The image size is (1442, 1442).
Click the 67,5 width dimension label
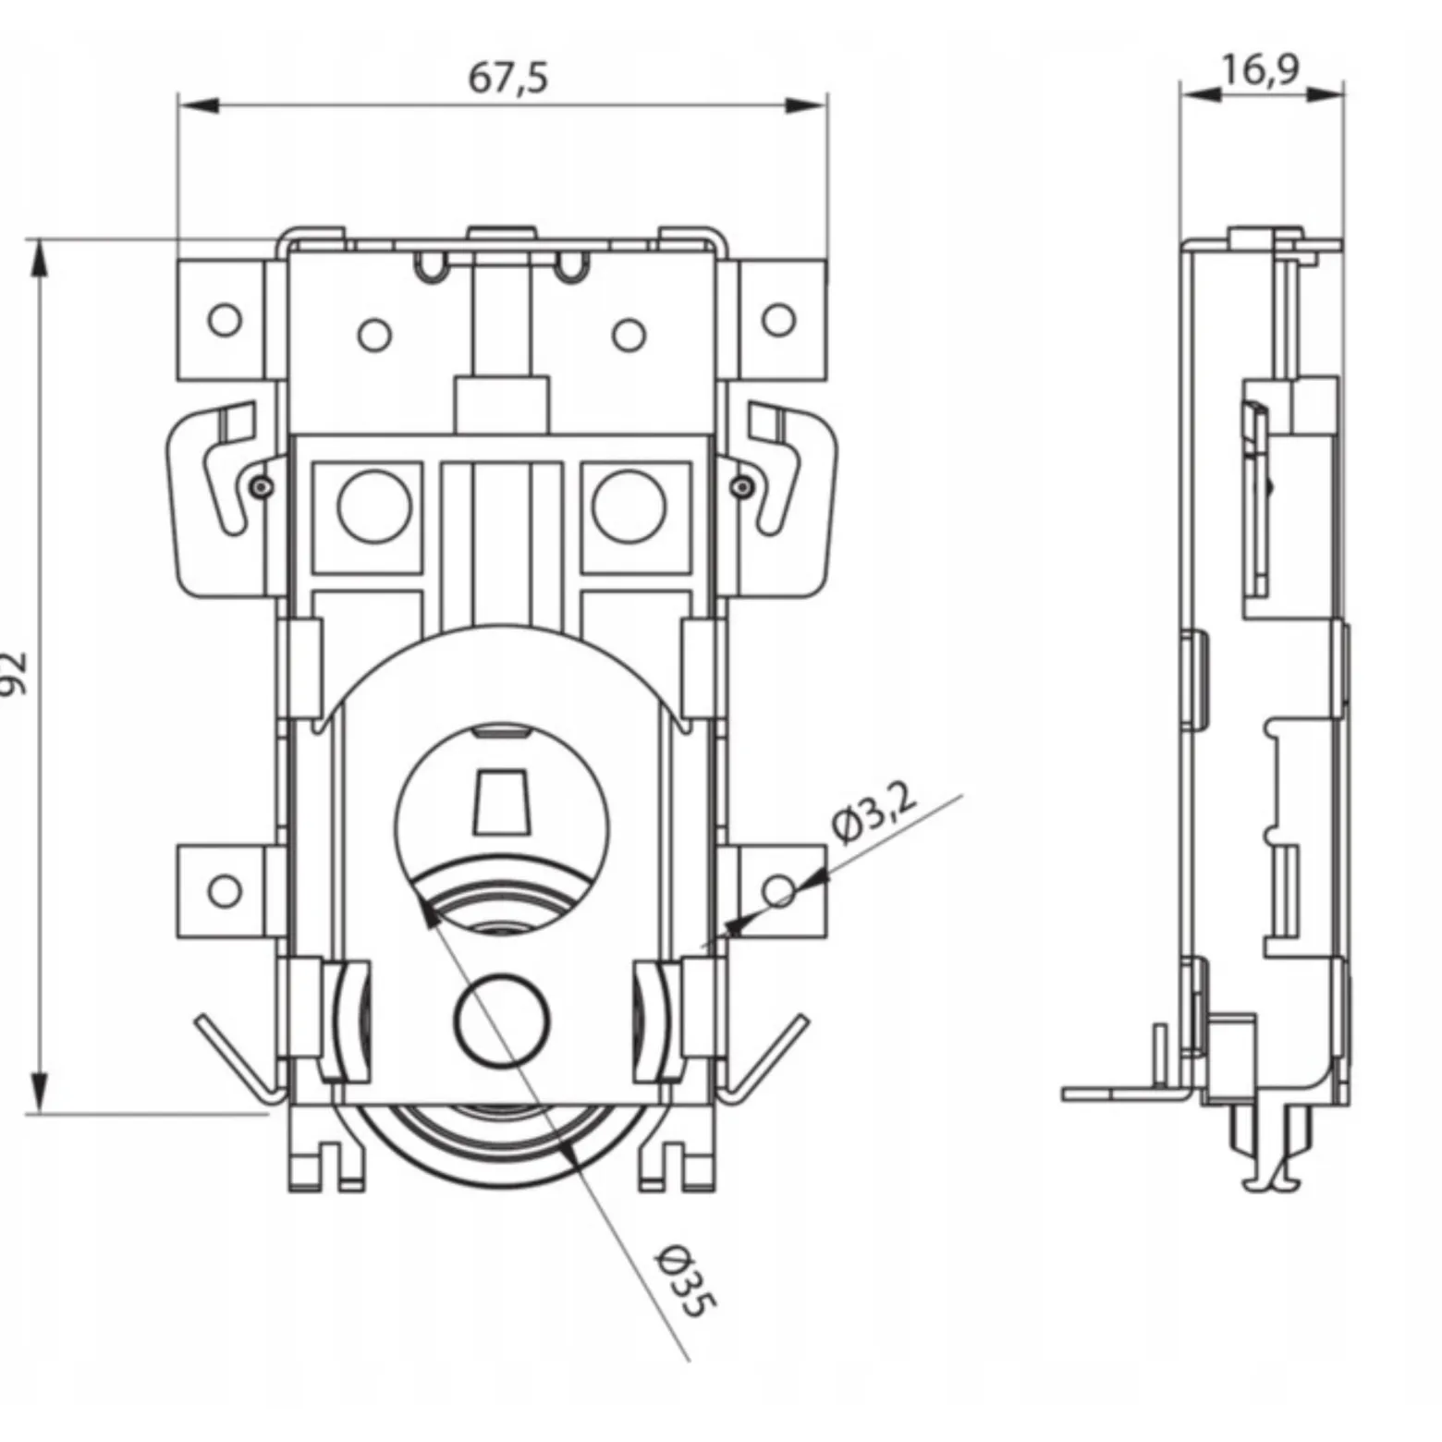(x=507, y=77)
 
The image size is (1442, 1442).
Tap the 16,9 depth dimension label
(x=1260, y=68)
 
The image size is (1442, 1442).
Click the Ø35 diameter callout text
(x=686, y=1280)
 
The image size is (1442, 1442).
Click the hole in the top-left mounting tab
(x=225, y=320)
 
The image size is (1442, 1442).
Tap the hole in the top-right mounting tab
(x=778, y=320)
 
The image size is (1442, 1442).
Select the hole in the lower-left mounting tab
(x=225, y=891)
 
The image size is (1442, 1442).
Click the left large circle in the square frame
(x=374, y=506)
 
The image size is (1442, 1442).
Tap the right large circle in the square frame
(x=629, y=506)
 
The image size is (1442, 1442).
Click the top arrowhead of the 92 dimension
(x=38, y=260)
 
